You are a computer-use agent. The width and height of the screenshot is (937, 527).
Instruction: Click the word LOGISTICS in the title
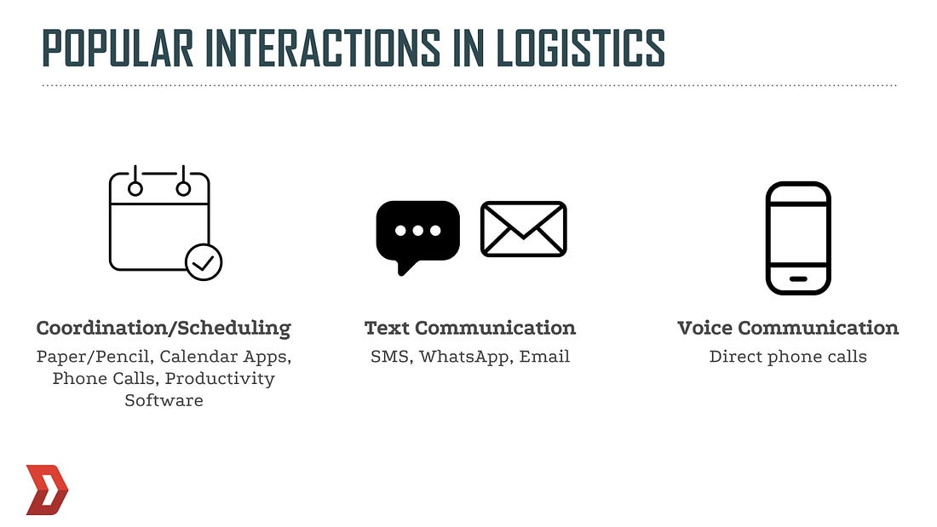(580, 47)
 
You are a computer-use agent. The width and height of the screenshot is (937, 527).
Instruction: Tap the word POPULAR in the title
(118, 47)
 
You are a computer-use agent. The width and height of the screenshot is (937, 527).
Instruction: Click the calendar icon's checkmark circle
(204, 262)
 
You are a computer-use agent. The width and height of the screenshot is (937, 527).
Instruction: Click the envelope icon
(524, 229)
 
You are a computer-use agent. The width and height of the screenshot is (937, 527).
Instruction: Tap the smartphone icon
(798, 238)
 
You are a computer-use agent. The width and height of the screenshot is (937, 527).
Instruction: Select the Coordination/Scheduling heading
(164, 328)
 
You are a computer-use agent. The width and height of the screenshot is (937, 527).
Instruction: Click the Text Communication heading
(470, 328)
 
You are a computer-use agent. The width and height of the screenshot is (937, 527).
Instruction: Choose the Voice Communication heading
(788, 328)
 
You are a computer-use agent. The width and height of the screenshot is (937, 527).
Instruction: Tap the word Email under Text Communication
(544, 357)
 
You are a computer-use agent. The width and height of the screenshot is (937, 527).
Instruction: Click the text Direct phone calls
(788, 357)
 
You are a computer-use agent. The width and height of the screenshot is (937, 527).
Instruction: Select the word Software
(164, 400)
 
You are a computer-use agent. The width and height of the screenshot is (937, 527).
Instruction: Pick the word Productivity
(220, 379)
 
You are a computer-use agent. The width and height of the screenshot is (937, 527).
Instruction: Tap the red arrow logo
(47, 490)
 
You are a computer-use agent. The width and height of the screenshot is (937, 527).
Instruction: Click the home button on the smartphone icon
(798, 279)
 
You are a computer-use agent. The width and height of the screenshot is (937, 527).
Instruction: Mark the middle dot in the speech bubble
(417, 231)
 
